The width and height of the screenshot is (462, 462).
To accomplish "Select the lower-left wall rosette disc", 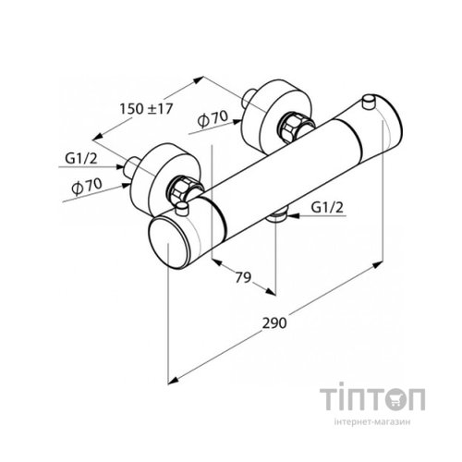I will pyautogui.click(x=167, y=166).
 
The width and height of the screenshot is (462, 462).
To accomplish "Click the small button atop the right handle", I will pyautogui.click(x=371, y=101).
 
